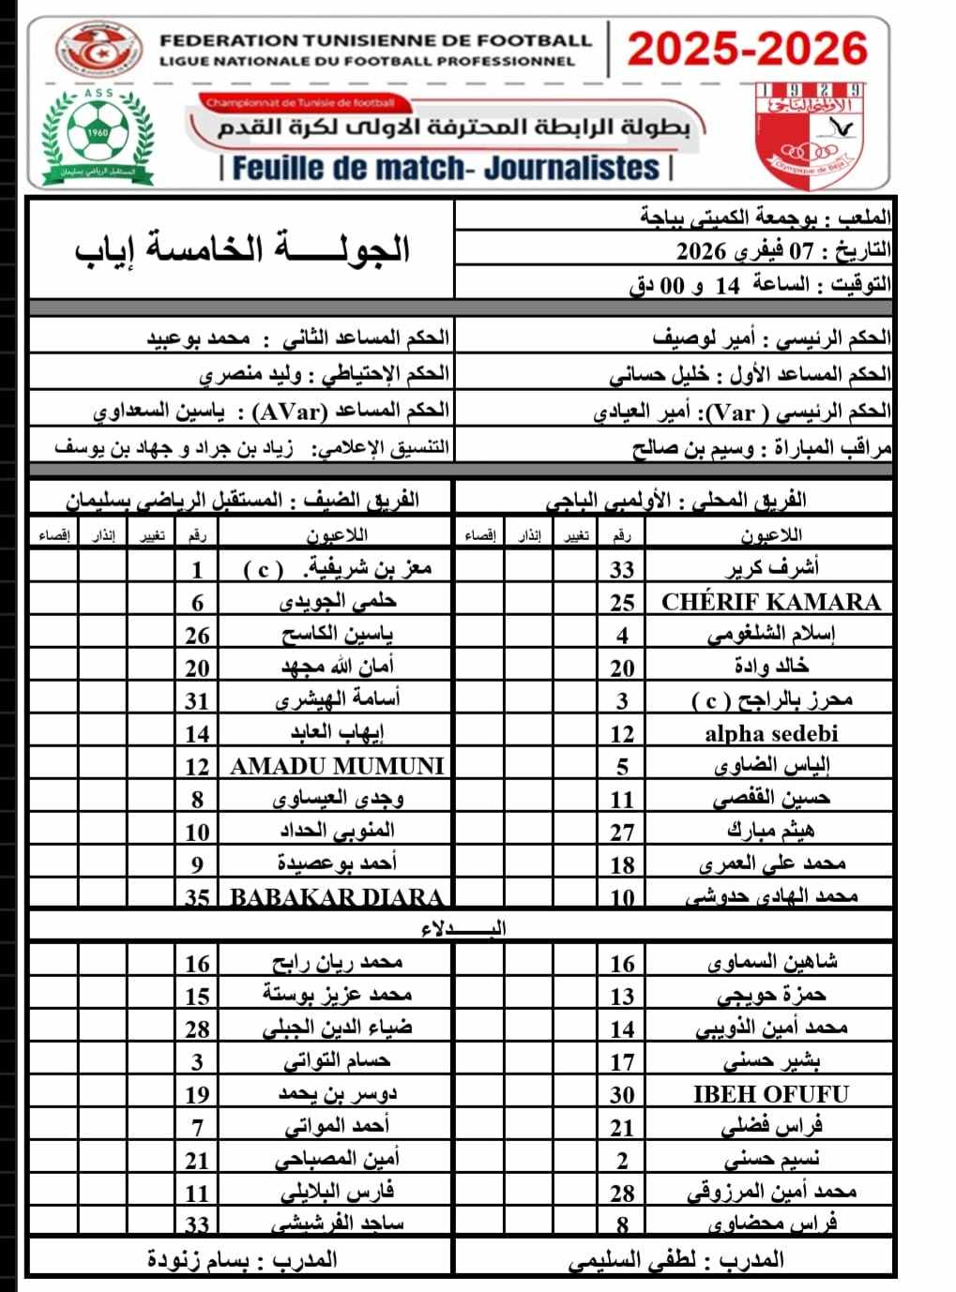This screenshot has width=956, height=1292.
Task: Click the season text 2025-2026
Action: [x=748, y=49]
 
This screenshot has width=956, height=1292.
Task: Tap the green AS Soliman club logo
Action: [x=97, y=136]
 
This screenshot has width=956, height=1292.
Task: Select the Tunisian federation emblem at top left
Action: [x=97, y=52]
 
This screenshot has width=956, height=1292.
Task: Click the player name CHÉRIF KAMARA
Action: [x=771, y=602]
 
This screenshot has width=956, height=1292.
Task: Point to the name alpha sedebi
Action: [x=771, y=733]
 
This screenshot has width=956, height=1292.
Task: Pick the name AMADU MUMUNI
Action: [x=337, y=766]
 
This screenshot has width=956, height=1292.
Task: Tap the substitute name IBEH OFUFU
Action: [x=771, y=1094]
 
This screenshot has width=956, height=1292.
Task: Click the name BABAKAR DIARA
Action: [x=337, y=896]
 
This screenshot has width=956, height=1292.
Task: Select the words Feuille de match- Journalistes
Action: [x=446, y=168]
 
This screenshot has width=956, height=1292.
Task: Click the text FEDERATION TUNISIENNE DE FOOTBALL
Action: [x=376, y=41]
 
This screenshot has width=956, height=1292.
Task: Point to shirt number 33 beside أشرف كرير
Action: [x=622, y=569]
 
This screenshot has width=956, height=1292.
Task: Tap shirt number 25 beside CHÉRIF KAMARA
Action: [x=622, y=602]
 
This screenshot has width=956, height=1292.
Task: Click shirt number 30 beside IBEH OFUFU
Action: [x=622, y=1094]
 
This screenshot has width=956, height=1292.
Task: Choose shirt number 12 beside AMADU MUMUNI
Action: [x=197, y=766]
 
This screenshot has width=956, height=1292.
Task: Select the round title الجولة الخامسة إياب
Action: [x=243, y=249]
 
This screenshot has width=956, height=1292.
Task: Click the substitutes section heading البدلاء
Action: [x=463, y=928]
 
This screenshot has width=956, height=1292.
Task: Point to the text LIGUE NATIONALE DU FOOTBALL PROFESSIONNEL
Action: [x=367, y=61]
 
